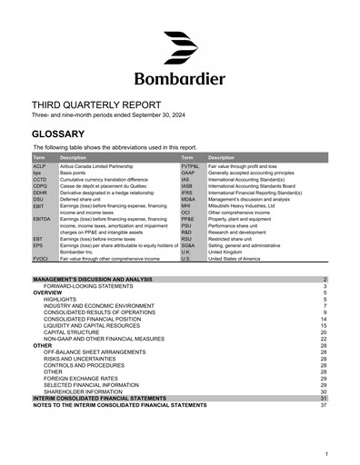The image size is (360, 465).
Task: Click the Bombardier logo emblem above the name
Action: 179,48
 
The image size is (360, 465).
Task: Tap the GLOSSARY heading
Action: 64,134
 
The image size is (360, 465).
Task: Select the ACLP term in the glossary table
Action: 39,167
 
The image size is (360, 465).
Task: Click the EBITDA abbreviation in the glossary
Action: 42,219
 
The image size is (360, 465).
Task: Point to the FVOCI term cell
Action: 41,259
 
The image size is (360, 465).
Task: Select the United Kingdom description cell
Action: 227,252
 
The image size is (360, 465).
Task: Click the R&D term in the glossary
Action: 187,232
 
